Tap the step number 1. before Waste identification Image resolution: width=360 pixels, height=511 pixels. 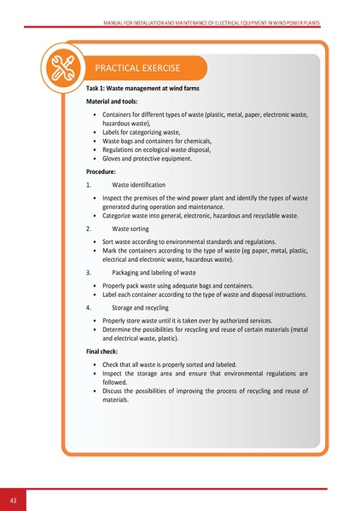coord(90,184)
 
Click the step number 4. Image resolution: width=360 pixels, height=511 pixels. coord(90,306)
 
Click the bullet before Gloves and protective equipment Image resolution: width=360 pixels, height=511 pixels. coord(93,159)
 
